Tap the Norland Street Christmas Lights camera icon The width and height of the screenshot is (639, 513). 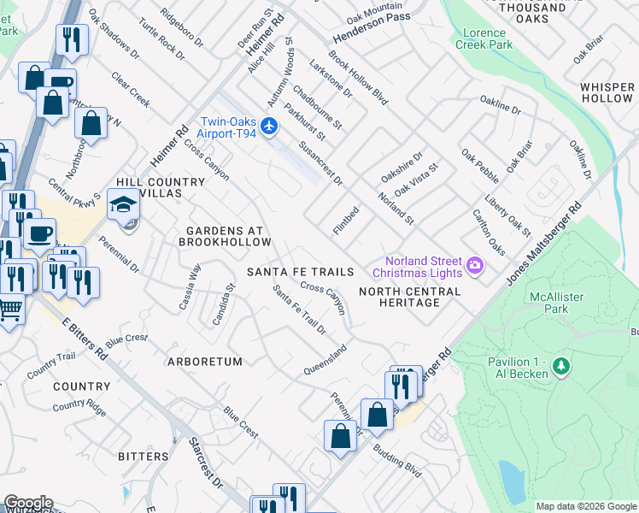(x=474, y=268)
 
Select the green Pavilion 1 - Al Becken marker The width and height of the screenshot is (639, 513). (x=561, y=367)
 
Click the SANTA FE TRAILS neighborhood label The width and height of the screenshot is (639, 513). (x=300, y=272)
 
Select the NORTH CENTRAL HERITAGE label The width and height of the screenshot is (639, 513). (x=409, y=297)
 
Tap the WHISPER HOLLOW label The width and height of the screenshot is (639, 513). (x=607, y=93)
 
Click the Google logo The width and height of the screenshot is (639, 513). (x=28, y=503)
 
